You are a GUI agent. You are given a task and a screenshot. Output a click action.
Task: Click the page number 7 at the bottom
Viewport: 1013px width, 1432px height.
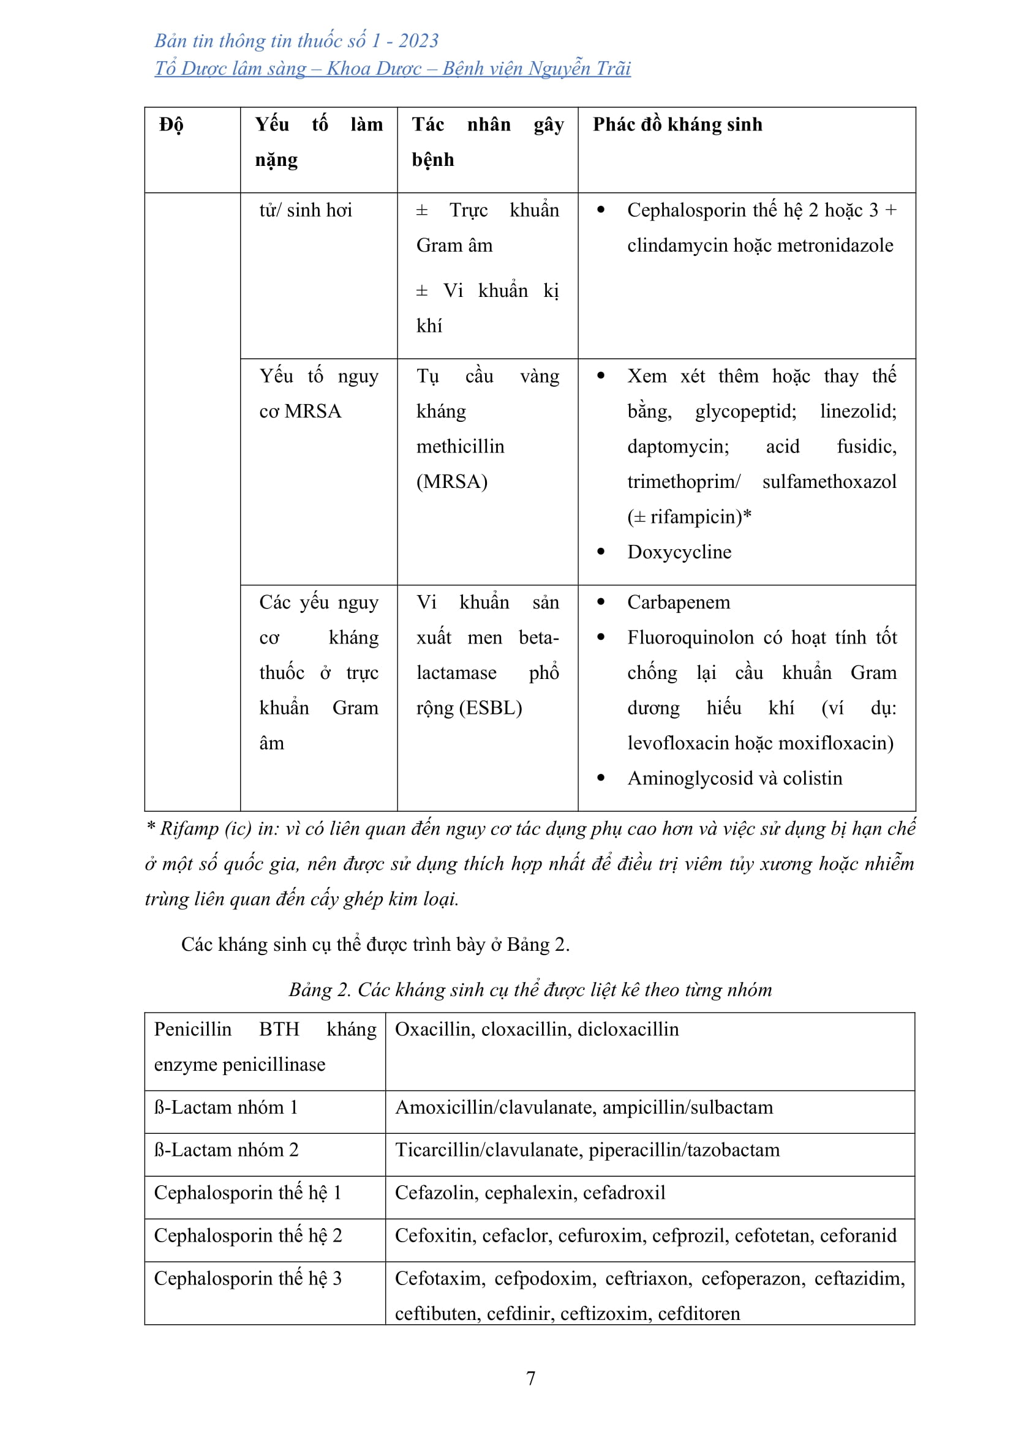530,1378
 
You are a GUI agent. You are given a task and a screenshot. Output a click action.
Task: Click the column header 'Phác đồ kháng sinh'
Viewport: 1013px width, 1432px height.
677,125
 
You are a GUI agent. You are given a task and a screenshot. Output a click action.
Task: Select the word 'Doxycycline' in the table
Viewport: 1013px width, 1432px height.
679,552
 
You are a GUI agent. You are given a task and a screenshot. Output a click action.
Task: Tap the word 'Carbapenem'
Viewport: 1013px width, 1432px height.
678,602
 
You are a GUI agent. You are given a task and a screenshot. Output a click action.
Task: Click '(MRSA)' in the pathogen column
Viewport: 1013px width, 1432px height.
451,481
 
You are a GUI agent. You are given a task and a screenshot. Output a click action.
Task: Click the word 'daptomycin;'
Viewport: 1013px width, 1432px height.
677,446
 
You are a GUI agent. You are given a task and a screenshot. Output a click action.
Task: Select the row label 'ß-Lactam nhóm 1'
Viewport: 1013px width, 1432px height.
226,1107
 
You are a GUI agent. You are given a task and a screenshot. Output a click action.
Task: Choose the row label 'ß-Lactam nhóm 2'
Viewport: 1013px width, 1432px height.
226,1150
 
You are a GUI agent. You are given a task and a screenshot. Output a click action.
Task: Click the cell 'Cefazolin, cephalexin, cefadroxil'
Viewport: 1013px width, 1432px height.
530,1193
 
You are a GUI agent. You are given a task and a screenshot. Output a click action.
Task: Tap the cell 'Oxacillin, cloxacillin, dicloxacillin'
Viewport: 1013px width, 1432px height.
537,1029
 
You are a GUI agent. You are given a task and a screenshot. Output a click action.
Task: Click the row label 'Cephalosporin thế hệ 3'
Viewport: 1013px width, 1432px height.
247,1278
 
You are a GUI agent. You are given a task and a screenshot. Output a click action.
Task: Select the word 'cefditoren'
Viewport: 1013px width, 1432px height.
699,1313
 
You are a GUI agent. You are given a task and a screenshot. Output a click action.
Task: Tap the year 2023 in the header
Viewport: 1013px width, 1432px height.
418,41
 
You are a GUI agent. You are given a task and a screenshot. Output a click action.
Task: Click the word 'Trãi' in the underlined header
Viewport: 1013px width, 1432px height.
614,69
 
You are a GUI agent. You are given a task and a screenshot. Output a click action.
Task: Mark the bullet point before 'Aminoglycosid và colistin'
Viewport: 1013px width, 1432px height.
601,778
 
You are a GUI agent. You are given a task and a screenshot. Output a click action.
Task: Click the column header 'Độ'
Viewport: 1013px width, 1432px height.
171,126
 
